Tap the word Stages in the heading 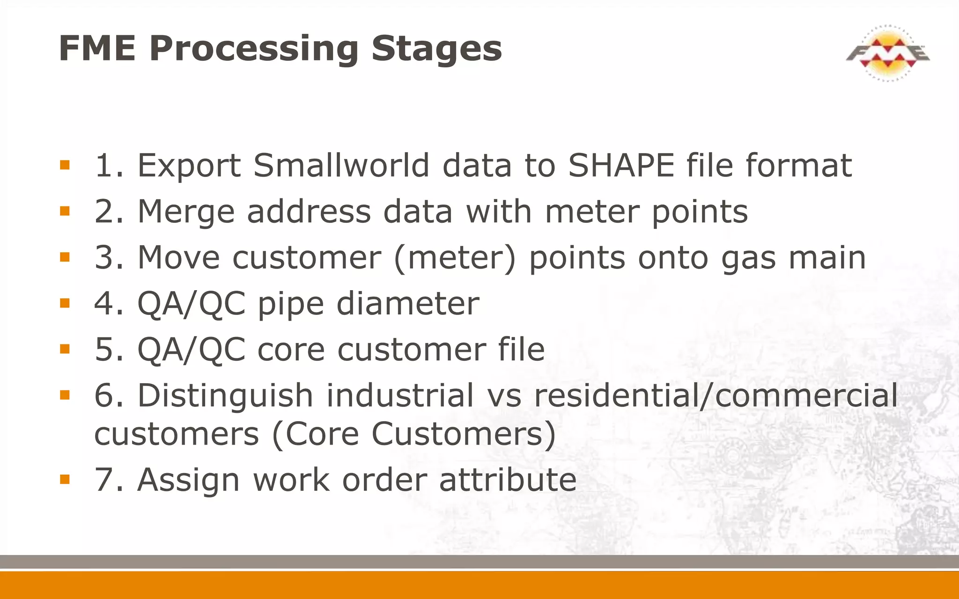(436, 49)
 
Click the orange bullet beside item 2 (65, 211)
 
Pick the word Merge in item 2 (186, 212)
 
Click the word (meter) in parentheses (455, 258)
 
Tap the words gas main (793, 258)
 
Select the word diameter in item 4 (408, 304)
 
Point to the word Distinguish (225, 396)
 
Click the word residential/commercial (716, 396)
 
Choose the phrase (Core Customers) (414, 434)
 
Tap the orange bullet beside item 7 (65, 479)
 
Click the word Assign (188, 481)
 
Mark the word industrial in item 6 (400, 396)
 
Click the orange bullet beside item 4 (65, 303)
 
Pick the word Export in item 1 (189, 166)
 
